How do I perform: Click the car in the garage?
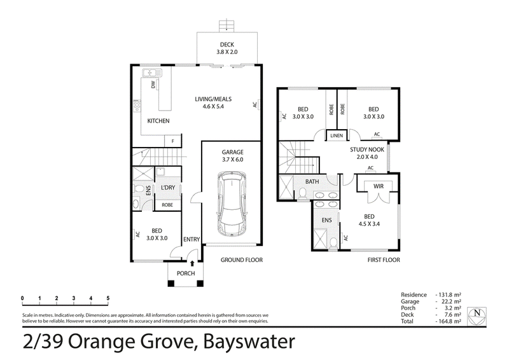(232, 204)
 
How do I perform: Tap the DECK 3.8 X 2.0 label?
(227, 48)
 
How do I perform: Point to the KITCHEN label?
(158, 121)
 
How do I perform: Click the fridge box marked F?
(172, 141)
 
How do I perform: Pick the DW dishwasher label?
(153, 85)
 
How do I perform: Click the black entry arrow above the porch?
(192, 263)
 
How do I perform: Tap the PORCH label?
(186, 273)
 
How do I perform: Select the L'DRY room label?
(168, 188)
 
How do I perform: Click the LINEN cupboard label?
(337, 135)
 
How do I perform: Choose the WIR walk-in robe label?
(379, 186)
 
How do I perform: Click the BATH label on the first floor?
(312, 182)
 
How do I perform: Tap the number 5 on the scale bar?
(108, 298)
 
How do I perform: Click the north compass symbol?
(477, 316)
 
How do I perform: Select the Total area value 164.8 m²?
(448, 321)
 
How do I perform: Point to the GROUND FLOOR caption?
(242, 260)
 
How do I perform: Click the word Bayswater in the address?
(249, 342)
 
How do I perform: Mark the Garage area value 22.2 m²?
(449, 301)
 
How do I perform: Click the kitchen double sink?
(150, 73)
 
